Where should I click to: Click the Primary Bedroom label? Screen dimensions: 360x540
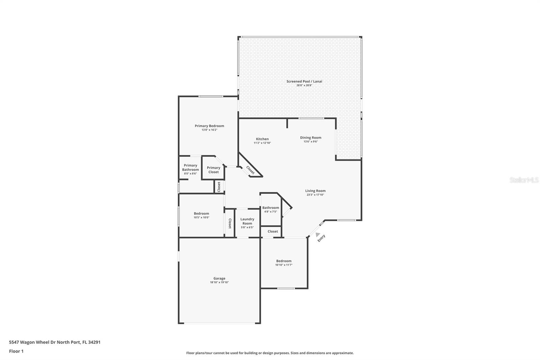point(209,126)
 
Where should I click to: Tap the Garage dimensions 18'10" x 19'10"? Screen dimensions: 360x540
point(219,282)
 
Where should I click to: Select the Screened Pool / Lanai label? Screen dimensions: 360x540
point(304,81)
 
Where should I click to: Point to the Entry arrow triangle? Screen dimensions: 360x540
point(318,234)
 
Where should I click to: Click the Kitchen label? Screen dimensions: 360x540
point(262,139)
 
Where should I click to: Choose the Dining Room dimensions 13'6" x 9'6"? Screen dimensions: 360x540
point(310,142)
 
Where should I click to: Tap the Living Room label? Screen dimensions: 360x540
point(315,191)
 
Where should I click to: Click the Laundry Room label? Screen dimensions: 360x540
point(247,221)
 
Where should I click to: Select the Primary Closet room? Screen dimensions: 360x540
point(213,170)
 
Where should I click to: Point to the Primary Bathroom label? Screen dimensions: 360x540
point(190,168)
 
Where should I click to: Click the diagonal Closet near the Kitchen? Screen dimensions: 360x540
point(250,170)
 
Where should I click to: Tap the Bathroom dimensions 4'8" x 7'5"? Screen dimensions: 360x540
point(270,212)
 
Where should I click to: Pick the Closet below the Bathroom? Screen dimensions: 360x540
point(273,231)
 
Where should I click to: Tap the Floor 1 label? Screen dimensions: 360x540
point(16,351)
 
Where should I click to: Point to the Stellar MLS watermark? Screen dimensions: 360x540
point(524,180)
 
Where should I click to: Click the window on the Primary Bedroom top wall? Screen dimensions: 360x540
point(210,97)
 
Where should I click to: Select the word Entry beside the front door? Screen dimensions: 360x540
point(321,238)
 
